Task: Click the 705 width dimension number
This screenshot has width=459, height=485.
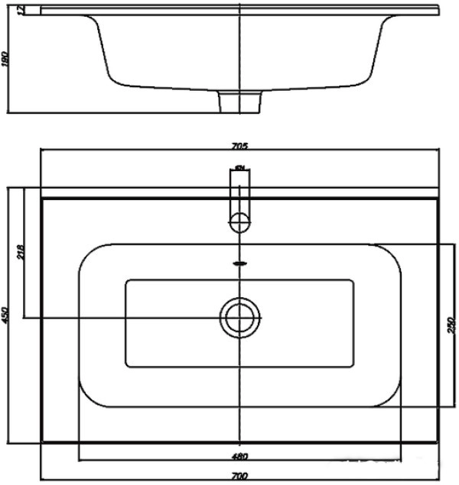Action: click(240, 146)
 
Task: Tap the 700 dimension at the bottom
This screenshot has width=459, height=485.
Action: click(240, 476)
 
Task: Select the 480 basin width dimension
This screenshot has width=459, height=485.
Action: click(240, 457)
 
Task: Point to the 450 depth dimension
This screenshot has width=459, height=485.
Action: click(6, 315)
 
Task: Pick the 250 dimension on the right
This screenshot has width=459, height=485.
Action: click(451, 325)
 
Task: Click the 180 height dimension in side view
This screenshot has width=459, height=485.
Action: click(6, 59)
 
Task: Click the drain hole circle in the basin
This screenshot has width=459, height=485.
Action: click(240, 316)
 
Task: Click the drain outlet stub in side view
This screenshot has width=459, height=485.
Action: click(240, 100)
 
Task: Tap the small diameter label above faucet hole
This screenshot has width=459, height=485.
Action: click(240, 167)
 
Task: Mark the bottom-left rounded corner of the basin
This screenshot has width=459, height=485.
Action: click(89, 397)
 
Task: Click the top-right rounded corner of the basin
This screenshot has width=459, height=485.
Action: click(390, 254)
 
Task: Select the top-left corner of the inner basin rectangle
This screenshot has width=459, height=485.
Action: click(127, 281)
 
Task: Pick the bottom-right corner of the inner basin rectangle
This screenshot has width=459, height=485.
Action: click(353, 366)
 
